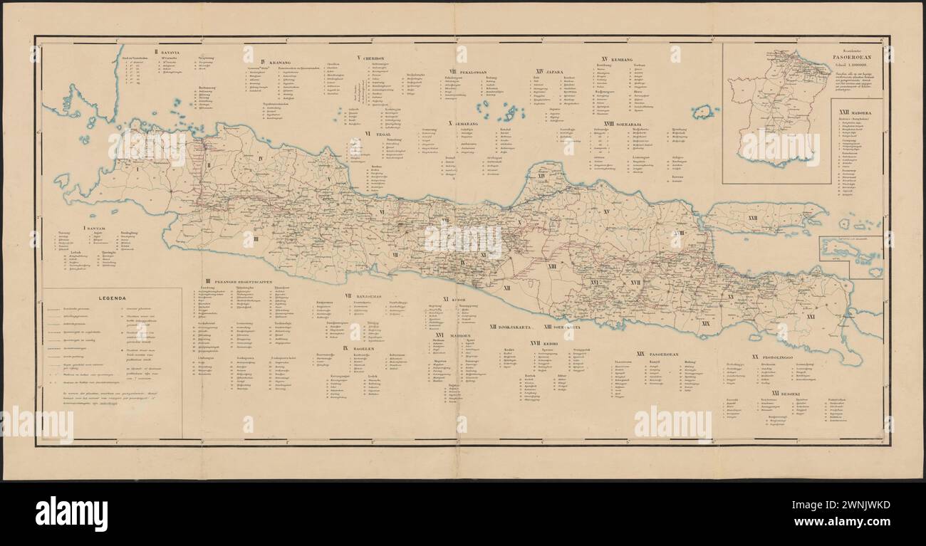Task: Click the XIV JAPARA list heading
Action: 549,71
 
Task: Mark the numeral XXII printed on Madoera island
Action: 753,217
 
